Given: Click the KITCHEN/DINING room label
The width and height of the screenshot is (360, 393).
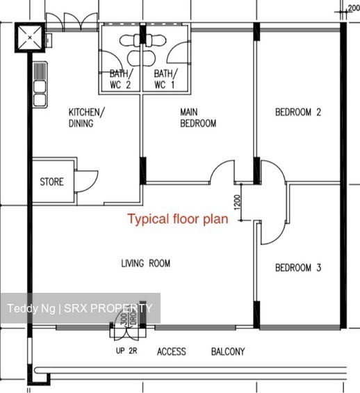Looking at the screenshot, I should (x=86, y=118).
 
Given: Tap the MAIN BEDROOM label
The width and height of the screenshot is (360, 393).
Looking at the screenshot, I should (x=198, y=118).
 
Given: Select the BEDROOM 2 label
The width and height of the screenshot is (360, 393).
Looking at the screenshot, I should (x=297, y=112).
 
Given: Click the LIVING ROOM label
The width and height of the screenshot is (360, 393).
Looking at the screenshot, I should (x=145, y=263).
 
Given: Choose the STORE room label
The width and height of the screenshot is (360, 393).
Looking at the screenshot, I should (x=51, y=182).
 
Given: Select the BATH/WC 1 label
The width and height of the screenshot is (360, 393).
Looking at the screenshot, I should (x=165, y=79).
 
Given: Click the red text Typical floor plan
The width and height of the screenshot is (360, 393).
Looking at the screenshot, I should (x=177, y=220).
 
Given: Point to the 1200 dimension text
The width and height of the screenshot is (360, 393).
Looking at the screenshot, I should (x=237, y=203).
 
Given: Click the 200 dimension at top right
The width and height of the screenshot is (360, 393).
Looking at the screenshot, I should (x=353, y=9).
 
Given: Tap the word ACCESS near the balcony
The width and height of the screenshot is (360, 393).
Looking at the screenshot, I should (x=171, y=352).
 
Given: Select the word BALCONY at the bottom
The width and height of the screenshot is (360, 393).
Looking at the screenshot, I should (x=227, y=352).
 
